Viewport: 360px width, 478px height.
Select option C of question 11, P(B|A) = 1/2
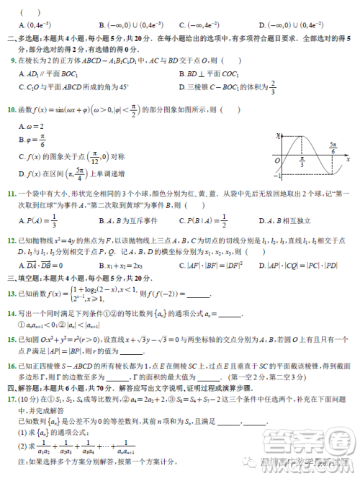(x=199, y=220)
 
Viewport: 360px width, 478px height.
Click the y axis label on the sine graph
(x=279, y=135)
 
